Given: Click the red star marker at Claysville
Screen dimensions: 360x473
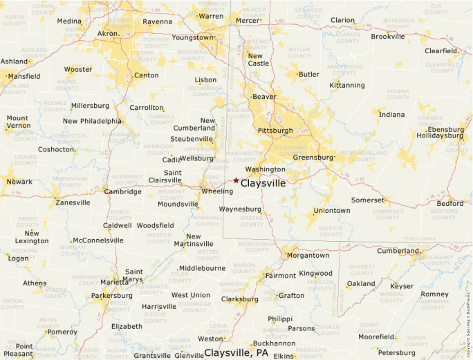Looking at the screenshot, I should click(236, 180).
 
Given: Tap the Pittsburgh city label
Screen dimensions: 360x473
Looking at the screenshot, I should click(275, 130).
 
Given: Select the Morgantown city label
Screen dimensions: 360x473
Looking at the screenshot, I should click(308, 255).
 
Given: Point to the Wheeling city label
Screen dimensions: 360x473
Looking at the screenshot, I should click(216, 191).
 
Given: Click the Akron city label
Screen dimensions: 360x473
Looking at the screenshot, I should click(108, 33).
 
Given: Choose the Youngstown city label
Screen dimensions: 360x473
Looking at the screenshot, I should click(193, 37).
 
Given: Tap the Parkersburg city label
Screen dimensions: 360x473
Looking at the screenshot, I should click(111, 296).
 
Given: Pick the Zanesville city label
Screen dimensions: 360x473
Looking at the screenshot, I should click(73, 202).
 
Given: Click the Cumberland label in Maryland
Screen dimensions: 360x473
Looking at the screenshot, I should click(398, 251).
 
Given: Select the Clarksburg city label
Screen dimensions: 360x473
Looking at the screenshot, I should click(239, 299).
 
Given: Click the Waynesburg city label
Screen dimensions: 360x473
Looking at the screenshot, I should click(240, 209).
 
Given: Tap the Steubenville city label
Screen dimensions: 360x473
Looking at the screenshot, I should click(196, 138).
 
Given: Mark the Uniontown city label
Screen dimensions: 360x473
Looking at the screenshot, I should click(332, 210).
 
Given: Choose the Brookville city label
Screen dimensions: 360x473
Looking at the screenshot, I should click(387, 36).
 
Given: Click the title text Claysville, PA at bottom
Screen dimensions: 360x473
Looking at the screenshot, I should click(236, 352).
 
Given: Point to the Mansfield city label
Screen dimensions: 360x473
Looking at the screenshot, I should click(24, 76).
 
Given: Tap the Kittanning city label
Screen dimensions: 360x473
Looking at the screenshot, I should click(347, 85).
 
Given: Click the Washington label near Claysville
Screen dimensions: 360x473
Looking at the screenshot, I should click(265, 169).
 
